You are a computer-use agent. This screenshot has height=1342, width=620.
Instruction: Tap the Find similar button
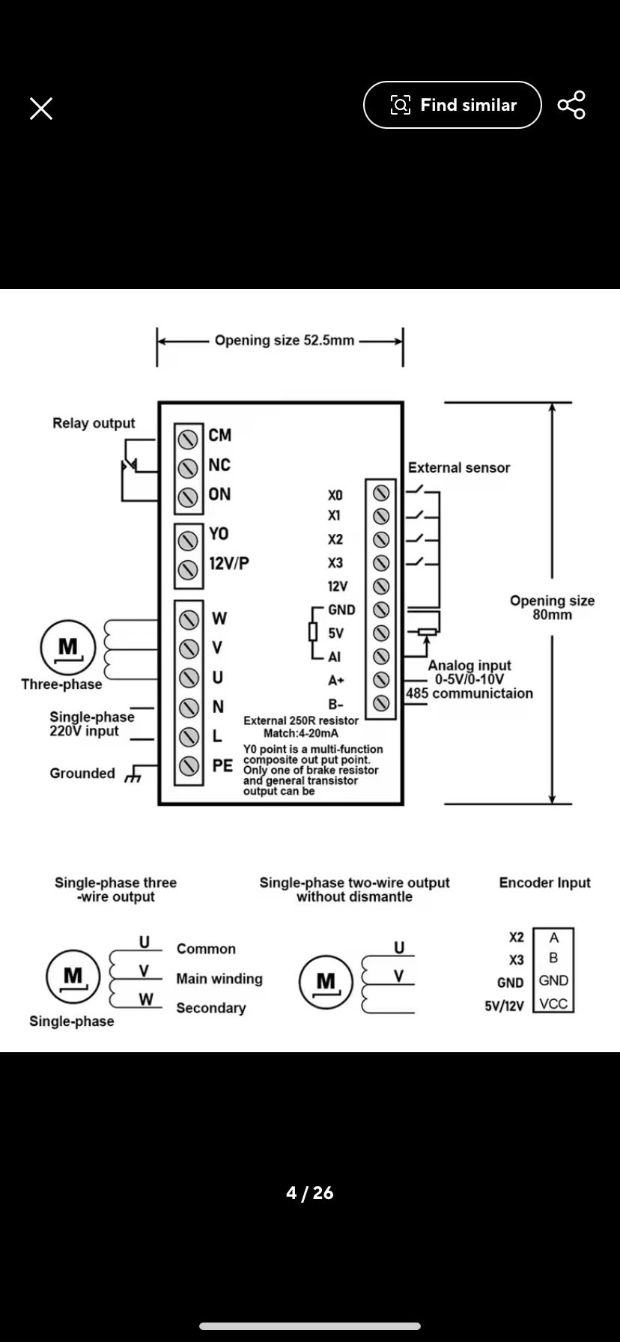point(452,105)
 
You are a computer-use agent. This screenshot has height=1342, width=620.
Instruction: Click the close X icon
point(41,109)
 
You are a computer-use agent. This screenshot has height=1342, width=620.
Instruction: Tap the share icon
point(571,105)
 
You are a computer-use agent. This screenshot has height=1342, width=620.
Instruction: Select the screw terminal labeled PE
point(189,765)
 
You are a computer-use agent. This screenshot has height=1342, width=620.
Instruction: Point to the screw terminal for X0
point(381,493)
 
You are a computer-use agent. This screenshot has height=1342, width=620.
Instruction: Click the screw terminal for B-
point(381,703)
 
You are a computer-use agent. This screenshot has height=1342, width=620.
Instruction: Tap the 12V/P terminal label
point(228,563)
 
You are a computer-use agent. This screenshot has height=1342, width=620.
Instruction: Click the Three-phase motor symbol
point(68,647)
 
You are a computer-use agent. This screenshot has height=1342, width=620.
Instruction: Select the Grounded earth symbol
point(133,774)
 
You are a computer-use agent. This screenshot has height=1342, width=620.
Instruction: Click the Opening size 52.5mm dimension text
point(284,341)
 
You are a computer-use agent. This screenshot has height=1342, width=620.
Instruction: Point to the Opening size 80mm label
point(552,607)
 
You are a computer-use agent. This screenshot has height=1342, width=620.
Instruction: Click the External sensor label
point(458,468)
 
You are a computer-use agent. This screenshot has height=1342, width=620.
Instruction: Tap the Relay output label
point(94,423)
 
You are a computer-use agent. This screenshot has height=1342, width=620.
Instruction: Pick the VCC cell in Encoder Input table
point(553,1004)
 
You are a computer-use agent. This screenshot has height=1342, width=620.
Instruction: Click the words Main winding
point(219,979)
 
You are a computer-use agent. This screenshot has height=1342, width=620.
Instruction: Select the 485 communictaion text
point(469,693)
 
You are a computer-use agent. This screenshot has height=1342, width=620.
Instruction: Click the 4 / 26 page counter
point(309,1193)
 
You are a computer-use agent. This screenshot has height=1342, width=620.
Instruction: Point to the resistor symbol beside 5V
point(313,633)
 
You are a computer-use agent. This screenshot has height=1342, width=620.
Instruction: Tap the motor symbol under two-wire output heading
point(326,982)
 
